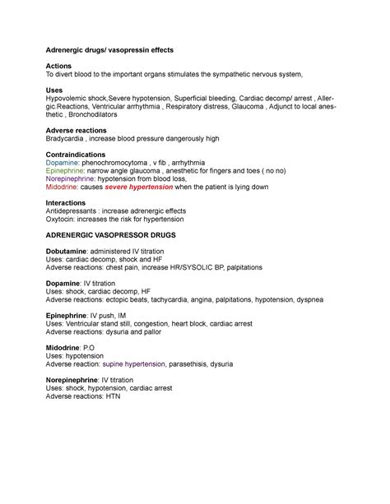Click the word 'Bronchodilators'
tap(102, 117)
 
